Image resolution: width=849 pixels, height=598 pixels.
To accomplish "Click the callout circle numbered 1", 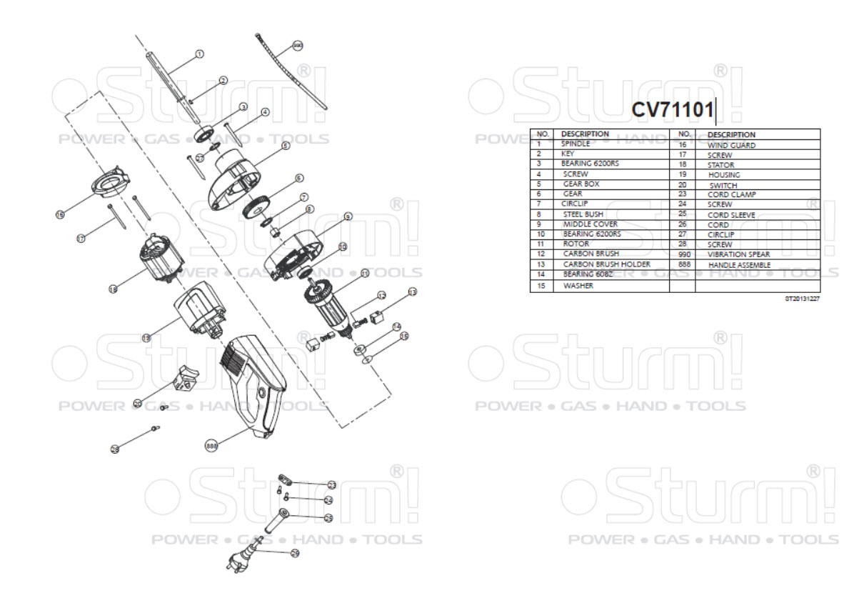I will pos(199,54).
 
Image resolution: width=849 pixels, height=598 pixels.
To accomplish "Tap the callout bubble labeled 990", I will pos(298,46).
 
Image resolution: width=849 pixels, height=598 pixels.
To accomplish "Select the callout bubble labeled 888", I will pos(211,445).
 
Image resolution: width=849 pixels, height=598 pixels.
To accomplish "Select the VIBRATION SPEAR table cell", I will pos(738,254).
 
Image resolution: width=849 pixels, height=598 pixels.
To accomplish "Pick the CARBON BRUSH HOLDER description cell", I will pos(606,264).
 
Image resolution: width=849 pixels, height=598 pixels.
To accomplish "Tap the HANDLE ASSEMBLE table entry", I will pos(739,264).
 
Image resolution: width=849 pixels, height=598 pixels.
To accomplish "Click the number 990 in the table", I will pos(683,254).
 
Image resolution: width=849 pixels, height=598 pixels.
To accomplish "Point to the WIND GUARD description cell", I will pos(731,144).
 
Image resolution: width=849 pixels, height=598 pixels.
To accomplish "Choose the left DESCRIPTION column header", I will pos(585,134).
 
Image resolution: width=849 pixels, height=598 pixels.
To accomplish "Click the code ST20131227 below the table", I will pos(803,298).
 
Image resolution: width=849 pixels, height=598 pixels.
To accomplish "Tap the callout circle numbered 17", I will pos(81,238).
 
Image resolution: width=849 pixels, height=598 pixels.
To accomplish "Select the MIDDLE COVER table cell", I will pos(590,224).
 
